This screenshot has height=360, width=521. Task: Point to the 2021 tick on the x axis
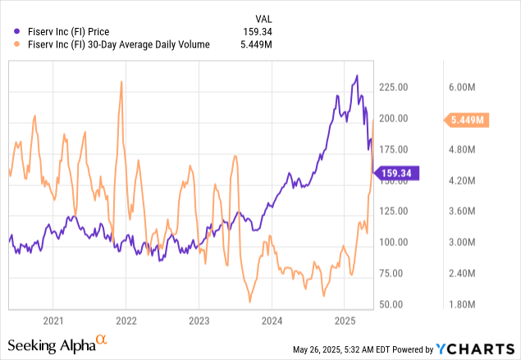click(x=53, y=321)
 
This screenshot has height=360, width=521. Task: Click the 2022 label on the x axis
click(x=126, y=321)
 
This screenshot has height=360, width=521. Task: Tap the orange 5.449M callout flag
click(x=470, y=121)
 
